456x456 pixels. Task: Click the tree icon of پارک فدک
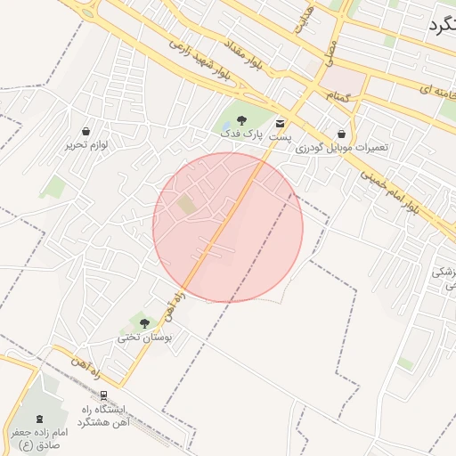point(241,119)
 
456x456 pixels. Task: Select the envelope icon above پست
point(281,123)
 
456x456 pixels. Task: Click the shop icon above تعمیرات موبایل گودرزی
point(341,134)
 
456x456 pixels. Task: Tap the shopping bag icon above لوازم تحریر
point(85,131)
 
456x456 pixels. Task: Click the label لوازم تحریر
point(86,143)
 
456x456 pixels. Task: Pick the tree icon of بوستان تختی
point(144,324)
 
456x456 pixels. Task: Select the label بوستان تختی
point(144,338)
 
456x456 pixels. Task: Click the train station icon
point(104,395)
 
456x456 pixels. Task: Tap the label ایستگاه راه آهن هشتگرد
point(105,414)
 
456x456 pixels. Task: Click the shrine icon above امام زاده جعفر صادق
point(38,419)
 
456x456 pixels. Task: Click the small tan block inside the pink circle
point(186,205)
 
